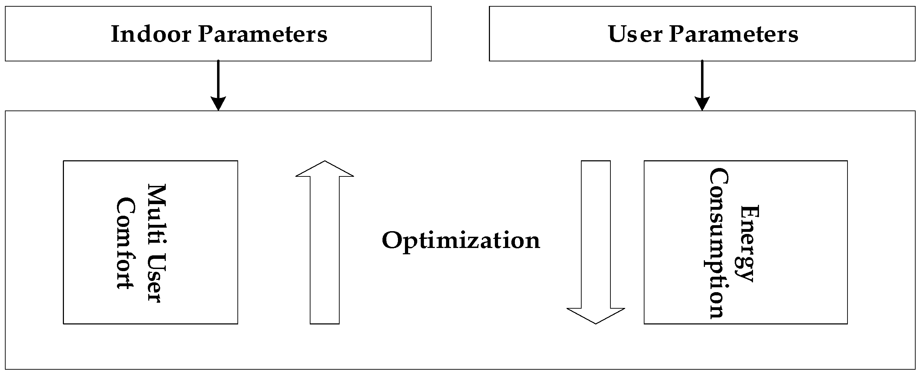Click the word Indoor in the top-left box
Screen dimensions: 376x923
(151, 34)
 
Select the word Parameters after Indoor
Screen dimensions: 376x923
(263, 34)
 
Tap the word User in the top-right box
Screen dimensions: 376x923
(635, 34)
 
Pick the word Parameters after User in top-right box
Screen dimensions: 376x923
(733, 34)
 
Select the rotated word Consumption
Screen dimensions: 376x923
(718, 243)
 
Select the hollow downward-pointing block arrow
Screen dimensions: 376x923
(596, 243)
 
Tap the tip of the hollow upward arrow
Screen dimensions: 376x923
(325, 162)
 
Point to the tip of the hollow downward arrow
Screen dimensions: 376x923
(596, 323)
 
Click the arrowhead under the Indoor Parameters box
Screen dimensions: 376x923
(218, 103)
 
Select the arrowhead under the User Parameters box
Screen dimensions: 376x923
(702, 103)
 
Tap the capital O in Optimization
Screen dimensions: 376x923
(392, 240)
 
